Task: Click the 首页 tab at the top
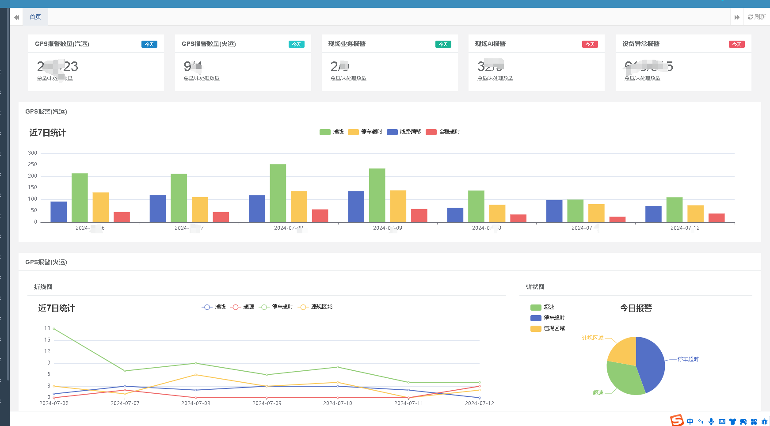35,17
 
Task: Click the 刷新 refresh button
757,17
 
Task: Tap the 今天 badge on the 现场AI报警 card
590,44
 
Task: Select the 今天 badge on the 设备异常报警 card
736,44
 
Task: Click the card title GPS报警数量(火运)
209,44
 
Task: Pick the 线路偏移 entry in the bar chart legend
404,132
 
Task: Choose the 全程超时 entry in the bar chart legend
443,132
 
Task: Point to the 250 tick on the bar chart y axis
33,164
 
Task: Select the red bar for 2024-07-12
717,218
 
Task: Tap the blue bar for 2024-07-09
356,206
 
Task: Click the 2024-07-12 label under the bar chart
685,228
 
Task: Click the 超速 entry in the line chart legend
242,307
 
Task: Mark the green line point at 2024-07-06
54,329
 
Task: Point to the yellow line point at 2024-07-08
196,375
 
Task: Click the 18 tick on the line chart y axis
47,328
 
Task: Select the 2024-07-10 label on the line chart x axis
338,403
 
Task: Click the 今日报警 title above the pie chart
636,308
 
